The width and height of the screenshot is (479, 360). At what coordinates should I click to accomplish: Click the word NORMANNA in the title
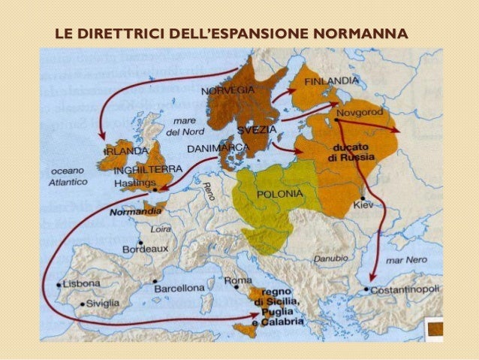[362, 33]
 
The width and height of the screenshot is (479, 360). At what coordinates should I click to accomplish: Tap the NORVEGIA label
[228, 91]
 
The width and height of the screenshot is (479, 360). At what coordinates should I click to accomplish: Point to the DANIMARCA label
[217, 148]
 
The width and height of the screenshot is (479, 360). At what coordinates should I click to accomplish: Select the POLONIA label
[279, 193]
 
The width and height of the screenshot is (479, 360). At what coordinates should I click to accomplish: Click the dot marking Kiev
[363, 197]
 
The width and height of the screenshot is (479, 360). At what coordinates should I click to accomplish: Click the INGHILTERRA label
[143, 170]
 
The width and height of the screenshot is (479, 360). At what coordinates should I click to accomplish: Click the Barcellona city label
[179, 288]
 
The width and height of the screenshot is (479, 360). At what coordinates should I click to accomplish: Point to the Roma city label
[238, 280]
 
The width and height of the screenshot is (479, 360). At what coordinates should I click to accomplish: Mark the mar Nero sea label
[404, 260]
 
